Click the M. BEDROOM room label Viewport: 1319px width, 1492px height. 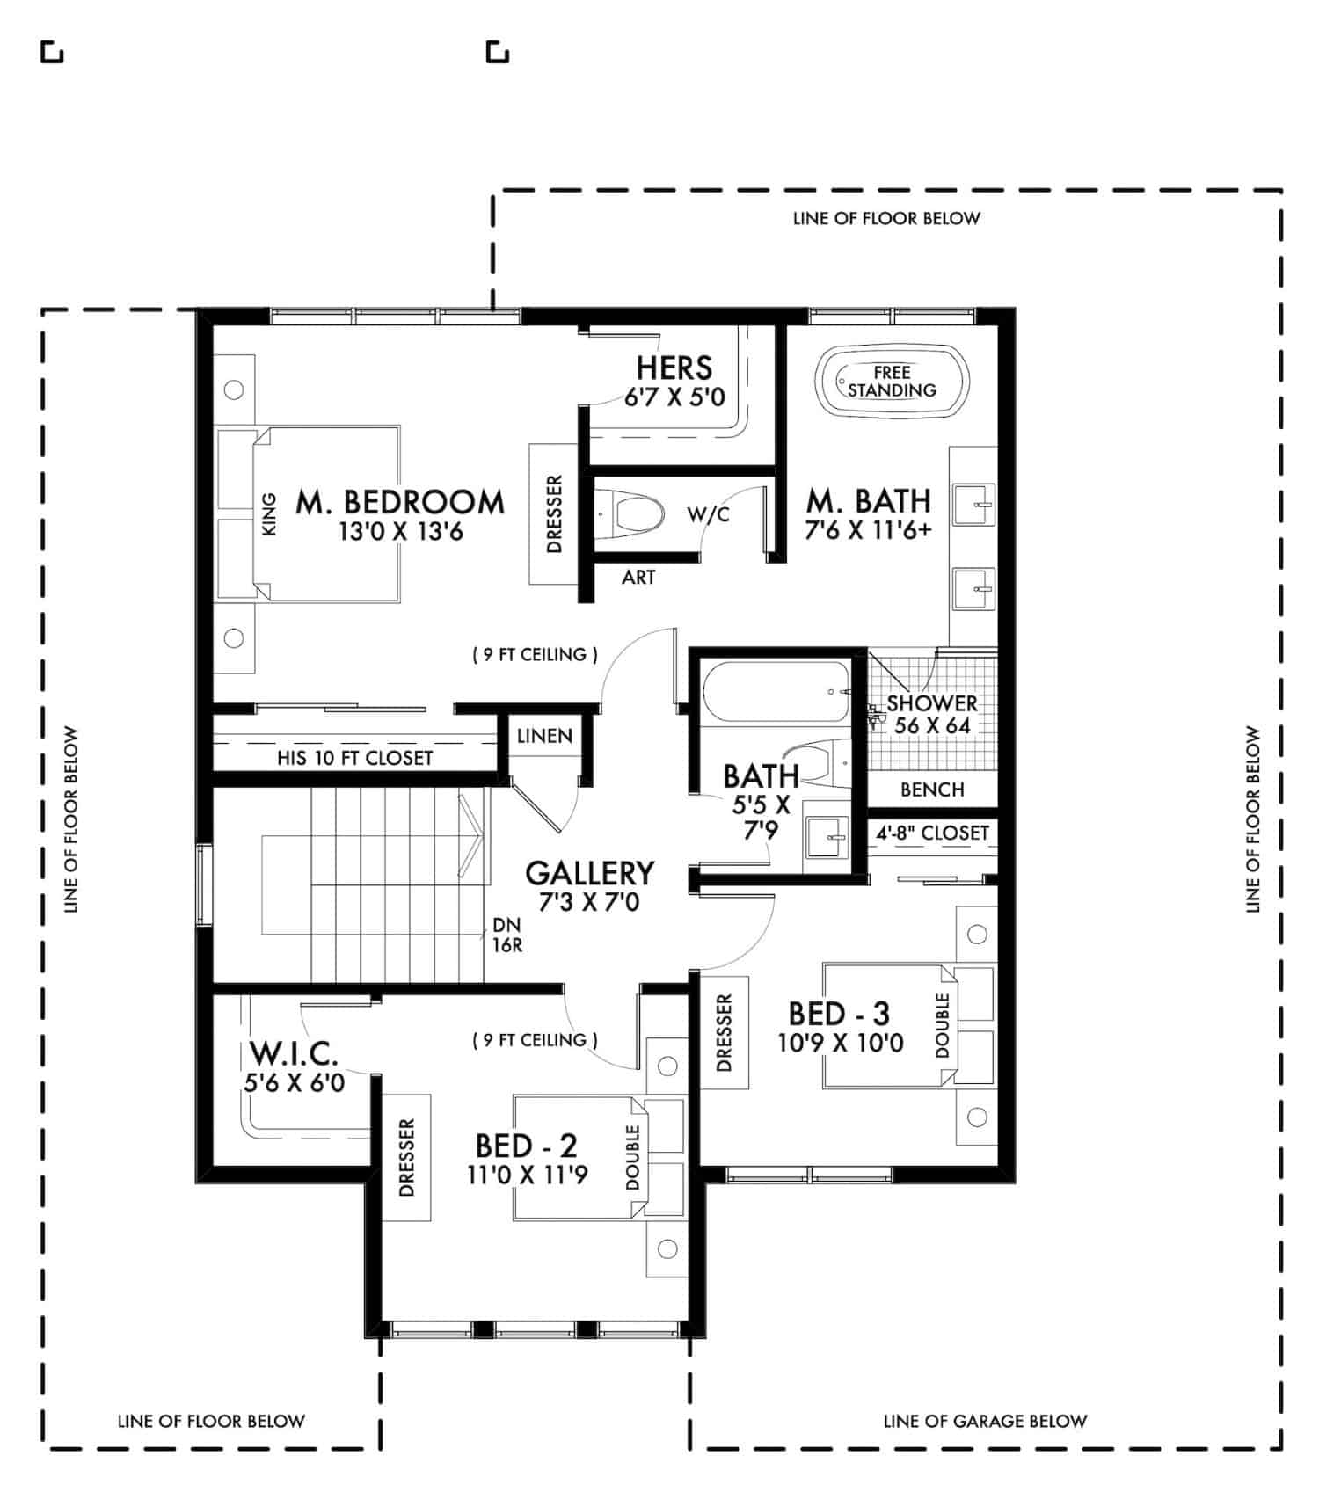(x=400, y=502)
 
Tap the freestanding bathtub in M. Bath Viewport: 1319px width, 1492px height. (x=891, y=382)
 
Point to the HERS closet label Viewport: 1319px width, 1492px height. (x=674, y=367)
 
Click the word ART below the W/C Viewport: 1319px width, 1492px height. (x=638, y=578)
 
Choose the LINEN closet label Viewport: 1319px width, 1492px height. (x=544, y=736)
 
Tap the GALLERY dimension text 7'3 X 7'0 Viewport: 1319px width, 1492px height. (x=589, y=902)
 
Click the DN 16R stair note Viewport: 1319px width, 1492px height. (x=507, y=935)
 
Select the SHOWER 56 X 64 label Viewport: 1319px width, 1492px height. (x=932, y=714)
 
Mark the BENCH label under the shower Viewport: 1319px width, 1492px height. (x=932, y=790)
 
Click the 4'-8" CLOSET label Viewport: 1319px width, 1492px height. (x=932, y=833)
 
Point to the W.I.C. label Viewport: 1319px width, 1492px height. (x=294, y=1053)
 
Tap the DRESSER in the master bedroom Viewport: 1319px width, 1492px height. (x=554, y=514)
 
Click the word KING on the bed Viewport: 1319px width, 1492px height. (x=269, y=514)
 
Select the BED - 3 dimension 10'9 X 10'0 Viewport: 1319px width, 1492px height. (x=840, y=1044)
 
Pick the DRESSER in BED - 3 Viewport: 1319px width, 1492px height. (x=724, y=1033)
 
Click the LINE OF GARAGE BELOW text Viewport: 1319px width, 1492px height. (x=985, y=1422)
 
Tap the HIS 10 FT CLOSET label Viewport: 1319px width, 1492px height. (x=354, y=758)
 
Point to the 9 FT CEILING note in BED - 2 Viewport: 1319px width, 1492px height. (x=535, y=1040)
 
